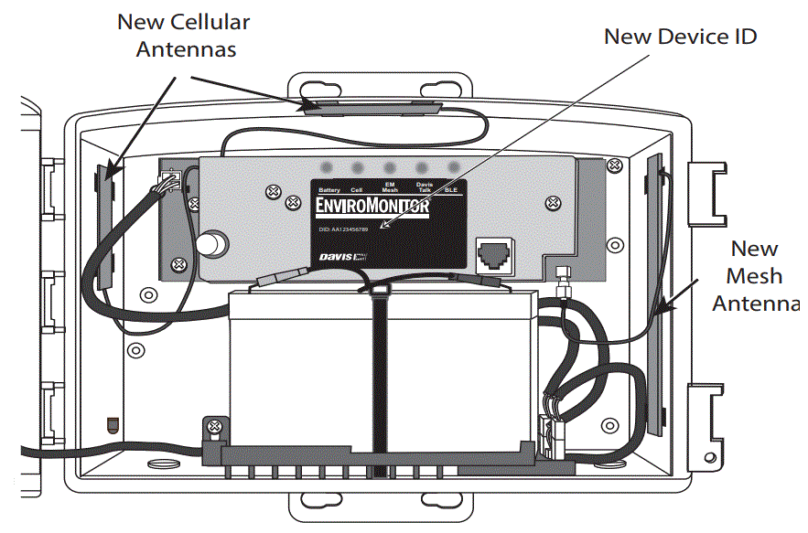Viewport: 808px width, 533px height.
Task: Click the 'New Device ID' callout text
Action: tap(681, 37)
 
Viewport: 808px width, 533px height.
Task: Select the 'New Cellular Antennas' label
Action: tap(184, 35)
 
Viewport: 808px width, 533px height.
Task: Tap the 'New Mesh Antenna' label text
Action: tap(755, 275)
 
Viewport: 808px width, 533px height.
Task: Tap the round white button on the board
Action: tap(214, 244)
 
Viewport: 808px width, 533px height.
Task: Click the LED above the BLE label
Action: tap(453, 168)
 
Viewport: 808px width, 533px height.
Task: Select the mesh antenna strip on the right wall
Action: tap(654, 293)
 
